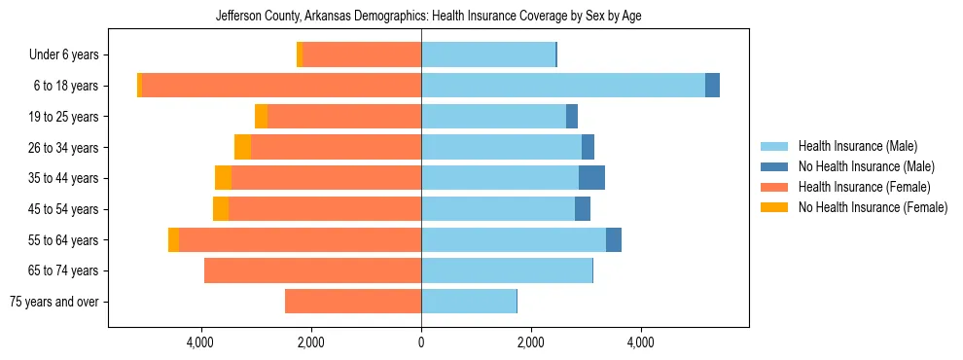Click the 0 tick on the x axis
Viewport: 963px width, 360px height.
pyautogui.click(x=421, y=342)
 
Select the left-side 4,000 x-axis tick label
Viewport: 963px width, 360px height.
pyautogui.click(x=200, y=342)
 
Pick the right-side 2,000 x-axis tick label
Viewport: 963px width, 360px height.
pyautogui.click(x=531, y=342)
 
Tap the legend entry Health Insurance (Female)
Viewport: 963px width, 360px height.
pyautogui.click(x=864, y=187)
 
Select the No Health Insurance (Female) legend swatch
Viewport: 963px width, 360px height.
pyautogui.click(x=775, y=207)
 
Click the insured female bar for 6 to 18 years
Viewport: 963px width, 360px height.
pyautogui.click(x=281, y=86)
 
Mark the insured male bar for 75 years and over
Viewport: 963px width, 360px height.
pyautogui.click(x=469, y=302)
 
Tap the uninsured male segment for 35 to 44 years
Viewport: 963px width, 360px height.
pyautogui.click(x=591, y=178)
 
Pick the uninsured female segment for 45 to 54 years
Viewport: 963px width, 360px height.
pyautogui.click(x=221, y=209)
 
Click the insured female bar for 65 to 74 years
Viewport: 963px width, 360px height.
pyautogui.click(x=312, y=270)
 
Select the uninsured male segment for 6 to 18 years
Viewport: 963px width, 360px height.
pyautogui.click(x=712, y=86)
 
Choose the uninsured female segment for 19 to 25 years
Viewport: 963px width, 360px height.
pyautogui.click(x=261, y=117)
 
